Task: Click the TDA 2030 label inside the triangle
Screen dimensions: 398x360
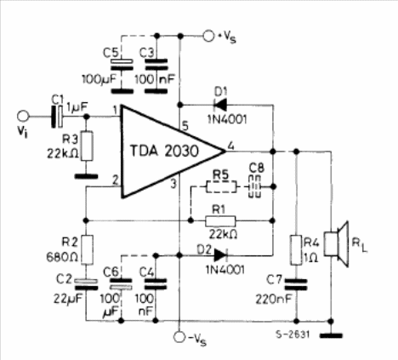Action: pos(164,151)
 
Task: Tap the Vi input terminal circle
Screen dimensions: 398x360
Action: pos(23,117)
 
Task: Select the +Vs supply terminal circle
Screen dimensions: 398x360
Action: pos(209,36)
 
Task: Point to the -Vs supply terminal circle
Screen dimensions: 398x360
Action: pos(179,337)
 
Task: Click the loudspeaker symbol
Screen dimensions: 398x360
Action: pos(337,244)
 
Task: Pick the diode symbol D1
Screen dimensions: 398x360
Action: pos(220,106)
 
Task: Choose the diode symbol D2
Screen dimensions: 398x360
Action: pos(220,255)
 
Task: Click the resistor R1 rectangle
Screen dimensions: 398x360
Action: pos(220,221)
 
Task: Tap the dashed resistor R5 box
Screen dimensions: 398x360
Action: pos(221,186)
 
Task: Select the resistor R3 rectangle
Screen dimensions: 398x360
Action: pos(88,146)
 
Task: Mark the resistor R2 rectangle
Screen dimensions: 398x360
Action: pos(88,250)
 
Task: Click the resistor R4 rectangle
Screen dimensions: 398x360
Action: pos(297,250)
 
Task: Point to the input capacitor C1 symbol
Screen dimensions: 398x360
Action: pos(57,117)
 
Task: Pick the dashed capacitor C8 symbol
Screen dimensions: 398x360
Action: pos(254,186)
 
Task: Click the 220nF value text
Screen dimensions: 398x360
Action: pos(274,299)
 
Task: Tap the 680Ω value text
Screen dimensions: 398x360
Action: pos(62,257)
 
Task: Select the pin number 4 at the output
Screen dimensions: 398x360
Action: pos(231,146)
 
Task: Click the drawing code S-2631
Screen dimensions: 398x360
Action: pos(293,334)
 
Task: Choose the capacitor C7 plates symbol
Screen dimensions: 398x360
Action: pos(296,284)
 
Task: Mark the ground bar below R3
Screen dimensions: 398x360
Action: pos(87,176)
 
